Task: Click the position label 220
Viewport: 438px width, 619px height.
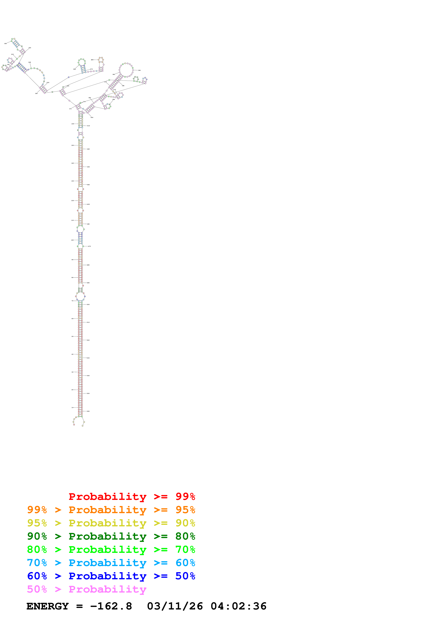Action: [x=5, y=43]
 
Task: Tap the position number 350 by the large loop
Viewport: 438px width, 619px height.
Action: [x=139, y=70]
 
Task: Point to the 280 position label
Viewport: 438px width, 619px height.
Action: [x=92, y=60]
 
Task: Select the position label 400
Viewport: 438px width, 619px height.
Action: [x=92, y=118]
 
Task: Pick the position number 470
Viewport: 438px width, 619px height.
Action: [x=89, y=246]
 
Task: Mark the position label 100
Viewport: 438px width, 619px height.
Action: [x=72, y=240]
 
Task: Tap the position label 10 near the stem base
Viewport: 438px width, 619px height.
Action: [x=72, y=408]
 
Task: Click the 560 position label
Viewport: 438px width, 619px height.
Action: [x=88, y=411]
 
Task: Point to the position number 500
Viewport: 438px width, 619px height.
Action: [x=88, y=305]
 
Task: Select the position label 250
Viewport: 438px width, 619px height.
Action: [x=48, y=83]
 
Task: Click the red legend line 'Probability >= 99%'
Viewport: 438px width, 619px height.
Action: [x=132, y=497]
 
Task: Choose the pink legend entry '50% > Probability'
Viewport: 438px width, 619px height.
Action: [x=87, y=589]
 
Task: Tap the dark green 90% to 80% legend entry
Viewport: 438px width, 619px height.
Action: [x=111, y=536]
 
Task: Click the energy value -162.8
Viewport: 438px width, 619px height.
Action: [x=111, y=606]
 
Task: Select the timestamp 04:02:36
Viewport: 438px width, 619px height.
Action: [x=238, y=606]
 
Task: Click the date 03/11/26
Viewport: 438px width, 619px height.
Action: [x=175, y=606]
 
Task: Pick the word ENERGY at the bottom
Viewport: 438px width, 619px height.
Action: [x=48, y=606]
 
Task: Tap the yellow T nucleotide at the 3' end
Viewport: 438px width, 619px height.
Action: [x=83, y=426]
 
